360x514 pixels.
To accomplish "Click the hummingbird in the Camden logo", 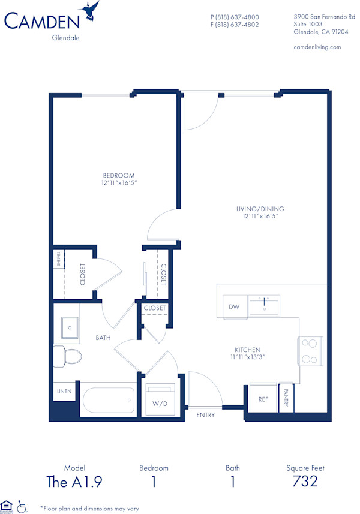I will pyautogui.click(x=92, y=10).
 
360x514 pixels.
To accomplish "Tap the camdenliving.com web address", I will pyautogui.click(x=317, y=47).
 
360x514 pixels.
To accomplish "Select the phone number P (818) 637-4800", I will pyautogui.click(x=235, y=17).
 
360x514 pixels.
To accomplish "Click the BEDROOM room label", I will pyautogui.click(x=118, y=176).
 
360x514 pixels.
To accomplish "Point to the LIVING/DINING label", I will pyautogui.click(x=260, y=209).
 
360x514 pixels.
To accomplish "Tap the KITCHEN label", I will pyautogui.click(x=247, y=350).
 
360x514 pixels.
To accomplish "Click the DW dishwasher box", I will pyautogui.click(x=234, y=307).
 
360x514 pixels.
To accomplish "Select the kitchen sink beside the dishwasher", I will pyautogui.click(x=264, y=306).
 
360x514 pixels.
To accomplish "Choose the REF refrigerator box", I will pyautogui.click(x=263, y=398).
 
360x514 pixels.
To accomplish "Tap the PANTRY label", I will pyautogui.click(x=286, y=397).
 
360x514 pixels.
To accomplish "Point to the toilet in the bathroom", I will pyautogui.click(x=67, y=356).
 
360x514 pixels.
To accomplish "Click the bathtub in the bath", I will pyautogui.click(x=108, y=399).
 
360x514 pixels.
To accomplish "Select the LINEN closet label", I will pyautogui.click(x=64, y=392).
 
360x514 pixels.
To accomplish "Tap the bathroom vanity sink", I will pyautogui.click(x=70, y=327).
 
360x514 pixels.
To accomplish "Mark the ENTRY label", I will pyautogui.click(x=205, y=414).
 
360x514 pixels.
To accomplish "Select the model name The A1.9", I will pyautogui.click(x=74, y=481).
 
